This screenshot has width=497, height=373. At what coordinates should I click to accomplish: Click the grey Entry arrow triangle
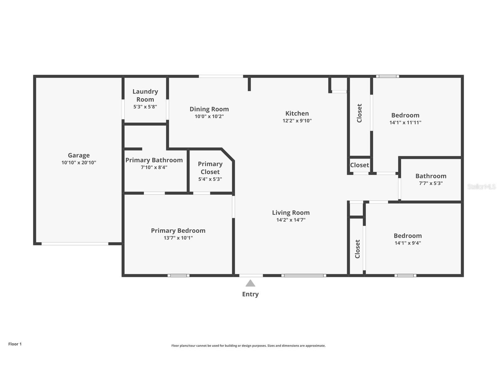point(250,283)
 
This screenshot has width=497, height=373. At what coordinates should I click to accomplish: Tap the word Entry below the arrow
point(250,294)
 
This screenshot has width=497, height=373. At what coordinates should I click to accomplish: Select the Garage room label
point(79,155)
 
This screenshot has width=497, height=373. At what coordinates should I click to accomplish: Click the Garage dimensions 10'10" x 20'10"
point(79,163)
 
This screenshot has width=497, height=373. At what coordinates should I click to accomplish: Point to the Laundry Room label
point(145,95)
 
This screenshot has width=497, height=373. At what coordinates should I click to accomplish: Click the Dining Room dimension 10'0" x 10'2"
point(209,117)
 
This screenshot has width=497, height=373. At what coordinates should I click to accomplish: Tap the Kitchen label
point(297,113)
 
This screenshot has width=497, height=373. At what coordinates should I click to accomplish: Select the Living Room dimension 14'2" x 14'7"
point(291,220)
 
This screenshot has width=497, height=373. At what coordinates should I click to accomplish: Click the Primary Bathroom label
point(154,160)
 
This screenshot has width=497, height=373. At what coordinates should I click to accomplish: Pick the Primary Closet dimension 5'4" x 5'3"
point(210,179)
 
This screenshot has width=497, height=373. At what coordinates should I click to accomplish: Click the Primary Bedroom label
point(178,231)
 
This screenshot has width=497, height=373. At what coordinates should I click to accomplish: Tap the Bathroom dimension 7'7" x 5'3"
point(431,183)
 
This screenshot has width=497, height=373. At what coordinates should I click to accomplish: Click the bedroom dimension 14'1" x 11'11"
point(405,122)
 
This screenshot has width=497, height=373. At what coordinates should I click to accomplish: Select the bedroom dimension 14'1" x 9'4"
point(408,243)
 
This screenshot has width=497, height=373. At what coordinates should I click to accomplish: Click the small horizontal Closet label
point(359,165)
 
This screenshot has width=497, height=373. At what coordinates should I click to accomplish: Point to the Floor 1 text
point(15,344)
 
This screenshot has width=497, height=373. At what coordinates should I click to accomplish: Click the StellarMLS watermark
point(481,186)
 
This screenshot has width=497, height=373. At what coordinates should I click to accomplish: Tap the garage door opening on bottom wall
point(75,244)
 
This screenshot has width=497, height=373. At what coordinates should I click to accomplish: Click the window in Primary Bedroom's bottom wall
point(179,275)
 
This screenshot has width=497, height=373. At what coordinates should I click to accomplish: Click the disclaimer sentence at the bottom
point(248,346)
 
